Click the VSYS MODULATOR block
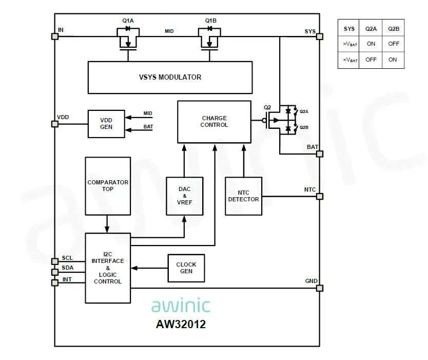coord(170,78)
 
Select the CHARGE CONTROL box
coord(214,122)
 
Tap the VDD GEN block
coord(106,124)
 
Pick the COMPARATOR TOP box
coord(108,186)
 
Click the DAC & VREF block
coord(184,196)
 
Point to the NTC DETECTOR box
coord(243,196)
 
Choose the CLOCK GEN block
coord(186,268)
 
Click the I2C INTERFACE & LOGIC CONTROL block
coord(108,268)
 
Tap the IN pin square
coord(54,36)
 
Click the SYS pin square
coord(320,36)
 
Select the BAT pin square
coord(320,154)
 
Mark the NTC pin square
coord(320,196)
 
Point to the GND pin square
coord(320,288)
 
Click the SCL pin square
coord(54,261)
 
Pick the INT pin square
coord(54,282)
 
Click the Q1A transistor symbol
coord(127,39)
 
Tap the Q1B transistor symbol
coord(210,39)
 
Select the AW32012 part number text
coord(181,324)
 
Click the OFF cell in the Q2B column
coord(394,44)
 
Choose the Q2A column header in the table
coord(371,29)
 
